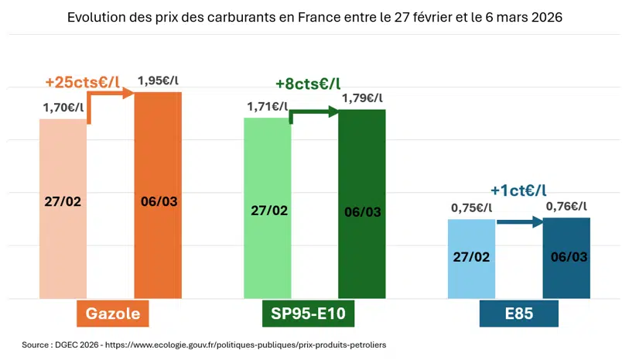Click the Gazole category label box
(112, 314)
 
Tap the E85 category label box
(518, 314)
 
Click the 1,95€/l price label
(159, 81)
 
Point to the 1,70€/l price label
(63, 108)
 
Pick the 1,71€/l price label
(268, 106)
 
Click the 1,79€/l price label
(362, 98)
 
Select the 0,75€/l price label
(472, 207)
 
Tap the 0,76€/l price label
(566, 206)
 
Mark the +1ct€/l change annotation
(518, 190)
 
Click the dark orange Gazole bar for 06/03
(158, 194)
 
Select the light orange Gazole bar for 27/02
(63, 209)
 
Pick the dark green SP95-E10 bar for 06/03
(362, 203)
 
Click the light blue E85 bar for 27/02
(472, 259)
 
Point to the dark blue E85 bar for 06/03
(566, 258)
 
